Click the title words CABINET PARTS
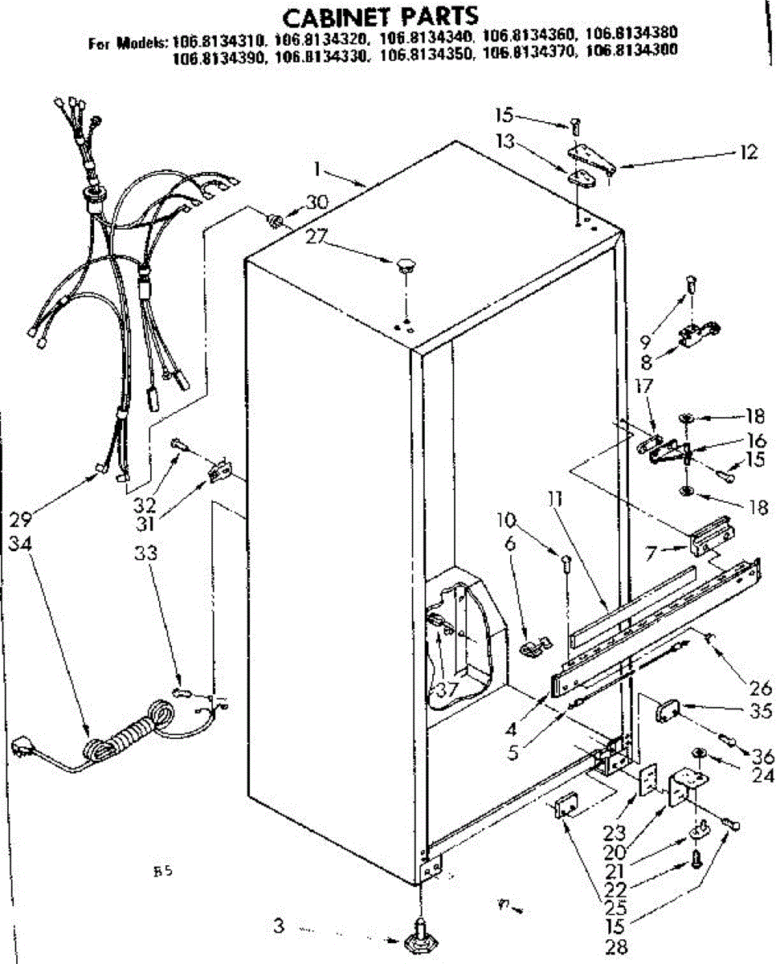[x=382, y=15]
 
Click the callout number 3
[x=278, y=926]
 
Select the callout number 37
[x=447, y=689]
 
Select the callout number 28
[x=617, y=947]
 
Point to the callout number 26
[x=760, y=687]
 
